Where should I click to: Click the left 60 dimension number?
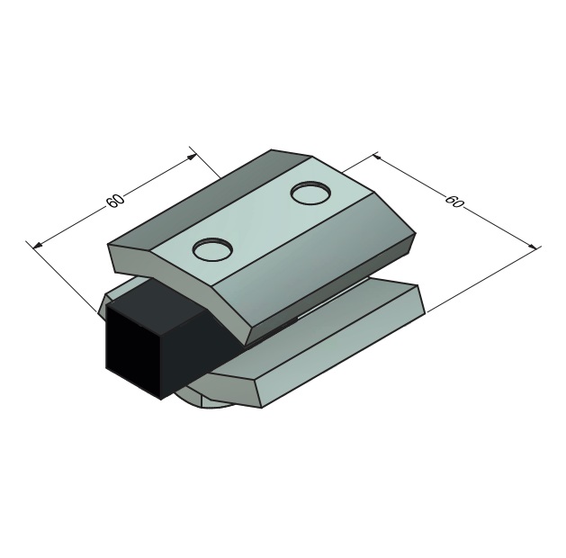[x=115, y=201]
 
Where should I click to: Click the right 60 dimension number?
[x=454, y=201]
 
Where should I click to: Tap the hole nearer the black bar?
[x=211, y=248]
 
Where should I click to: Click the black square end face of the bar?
[x=133, y=352]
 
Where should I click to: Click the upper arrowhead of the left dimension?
[x=193, y=157]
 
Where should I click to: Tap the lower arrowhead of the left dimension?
[x=38, y=246]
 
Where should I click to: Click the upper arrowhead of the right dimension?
[x=378, y=157]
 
